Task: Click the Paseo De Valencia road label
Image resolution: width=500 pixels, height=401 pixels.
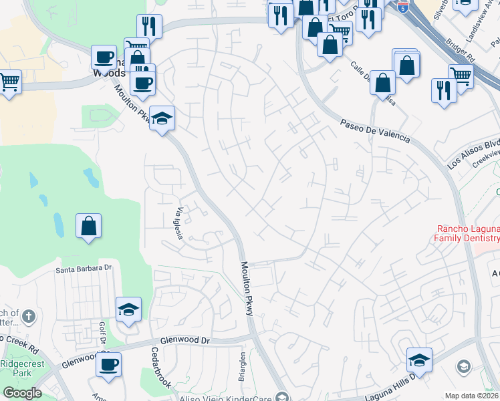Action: pyautogui.click(x=374, y=132)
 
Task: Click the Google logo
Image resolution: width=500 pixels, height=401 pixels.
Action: pyautogui.click(x=21, y=393)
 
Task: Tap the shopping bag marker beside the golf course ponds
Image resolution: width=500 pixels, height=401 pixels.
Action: pyautogui.click(x=88, y=226)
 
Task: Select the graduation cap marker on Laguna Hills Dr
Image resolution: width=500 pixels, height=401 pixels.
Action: pyautogui.click(x=419, y=360)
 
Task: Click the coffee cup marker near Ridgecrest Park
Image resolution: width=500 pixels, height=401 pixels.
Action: pyautogui.click(x=108, y=365)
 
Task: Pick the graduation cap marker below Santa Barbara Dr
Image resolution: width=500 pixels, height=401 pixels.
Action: pyautogui.click(x=129, y=309)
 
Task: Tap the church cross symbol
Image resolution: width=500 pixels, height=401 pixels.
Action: pyautogui.click(x=28, y=315)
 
